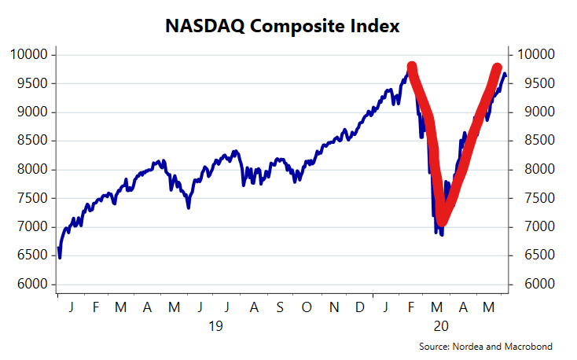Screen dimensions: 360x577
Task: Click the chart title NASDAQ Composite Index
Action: click(283, 26)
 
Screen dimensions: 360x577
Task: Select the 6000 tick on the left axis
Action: click(35, 284)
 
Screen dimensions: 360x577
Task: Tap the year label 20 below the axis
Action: click(440, 325)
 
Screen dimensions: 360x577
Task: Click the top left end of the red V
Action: click(412, 67)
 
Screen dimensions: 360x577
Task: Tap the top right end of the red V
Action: click(498, 68)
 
